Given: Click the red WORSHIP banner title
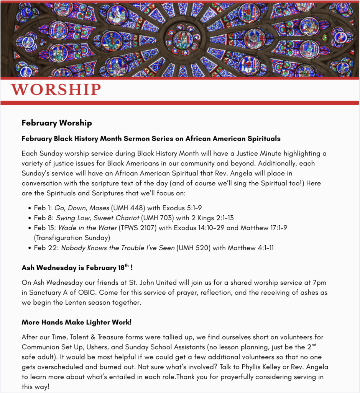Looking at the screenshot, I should [56, 89].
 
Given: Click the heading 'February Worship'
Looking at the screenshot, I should [57, 123].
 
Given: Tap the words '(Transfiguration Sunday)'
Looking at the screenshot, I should [72, 238].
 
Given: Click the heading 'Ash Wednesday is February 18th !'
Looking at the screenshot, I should [77, 268].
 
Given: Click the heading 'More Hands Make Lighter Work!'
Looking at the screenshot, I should [77, 322].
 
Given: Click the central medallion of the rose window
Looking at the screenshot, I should [183, 38].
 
